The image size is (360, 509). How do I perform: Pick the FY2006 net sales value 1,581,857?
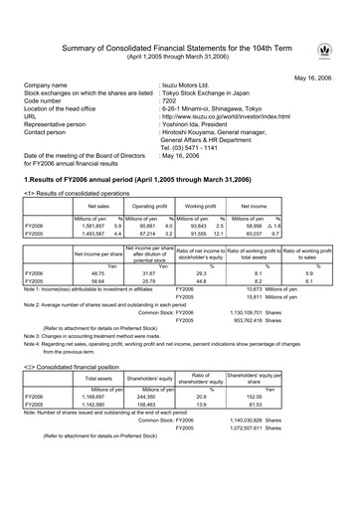coord(94,226)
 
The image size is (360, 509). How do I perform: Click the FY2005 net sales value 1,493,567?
coord(94,234)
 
